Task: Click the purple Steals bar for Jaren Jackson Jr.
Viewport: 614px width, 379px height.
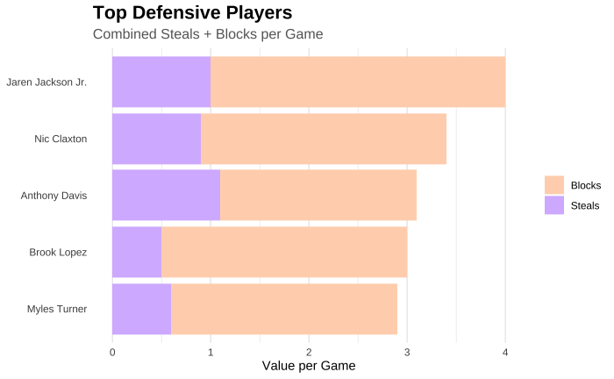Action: pos(161,82)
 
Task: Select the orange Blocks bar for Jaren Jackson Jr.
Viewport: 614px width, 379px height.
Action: pos(358,82)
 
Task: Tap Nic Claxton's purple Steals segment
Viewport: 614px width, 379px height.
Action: pos(156,139)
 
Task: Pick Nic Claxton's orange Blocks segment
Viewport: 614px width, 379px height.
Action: pos(324,139)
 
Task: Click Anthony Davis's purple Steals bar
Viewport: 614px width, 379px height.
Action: pos(166,195)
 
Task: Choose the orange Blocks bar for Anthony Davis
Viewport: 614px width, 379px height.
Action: pos(318,195)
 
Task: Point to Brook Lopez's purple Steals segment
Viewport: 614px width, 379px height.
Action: pos(137,252)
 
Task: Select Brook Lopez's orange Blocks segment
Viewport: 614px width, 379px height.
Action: pos(284,252)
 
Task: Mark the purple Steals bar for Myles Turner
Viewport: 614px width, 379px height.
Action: pos(141,308)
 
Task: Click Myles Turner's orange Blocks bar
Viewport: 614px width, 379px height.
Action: pos(284,308)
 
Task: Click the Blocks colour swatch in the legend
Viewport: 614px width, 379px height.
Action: pos(553,185)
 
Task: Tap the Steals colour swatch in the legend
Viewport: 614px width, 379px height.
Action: pos(553,205)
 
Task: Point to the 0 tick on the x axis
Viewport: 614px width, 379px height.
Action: pos(112,352)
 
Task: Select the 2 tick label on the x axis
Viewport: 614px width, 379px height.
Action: pos(309,352)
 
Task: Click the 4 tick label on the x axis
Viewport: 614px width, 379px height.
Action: pos(505,352)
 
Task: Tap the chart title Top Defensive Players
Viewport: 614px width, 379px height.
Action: pos(192,13)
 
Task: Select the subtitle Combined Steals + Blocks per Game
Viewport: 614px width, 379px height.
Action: pos(208,34)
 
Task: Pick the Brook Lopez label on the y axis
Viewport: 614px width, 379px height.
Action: pos(58,252)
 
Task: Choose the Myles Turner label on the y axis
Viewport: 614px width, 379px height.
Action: pos(57,308)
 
